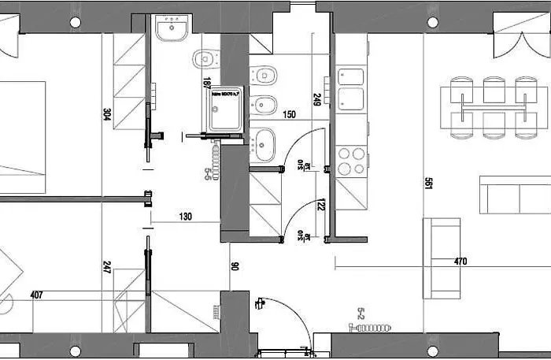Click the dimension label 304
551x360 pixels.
click(106, 113)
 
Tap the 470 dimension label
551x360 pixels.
click(461, 261)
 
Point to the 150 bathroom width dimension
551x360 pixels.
click(290, 115)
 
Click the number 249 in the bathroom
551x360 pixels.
click(316, 99)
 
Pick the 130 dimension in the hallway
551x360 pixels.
click(186, 217)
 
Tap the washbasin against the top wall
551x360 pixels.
click(171, 29)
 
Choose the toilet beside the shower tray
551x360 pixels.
click(205, 58)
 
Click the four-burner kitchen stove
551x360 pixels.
click(350, 161)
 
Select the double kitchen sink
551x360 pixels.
click(350, 89)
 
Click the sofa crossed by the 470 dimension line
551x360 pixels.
click(441, 258)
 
